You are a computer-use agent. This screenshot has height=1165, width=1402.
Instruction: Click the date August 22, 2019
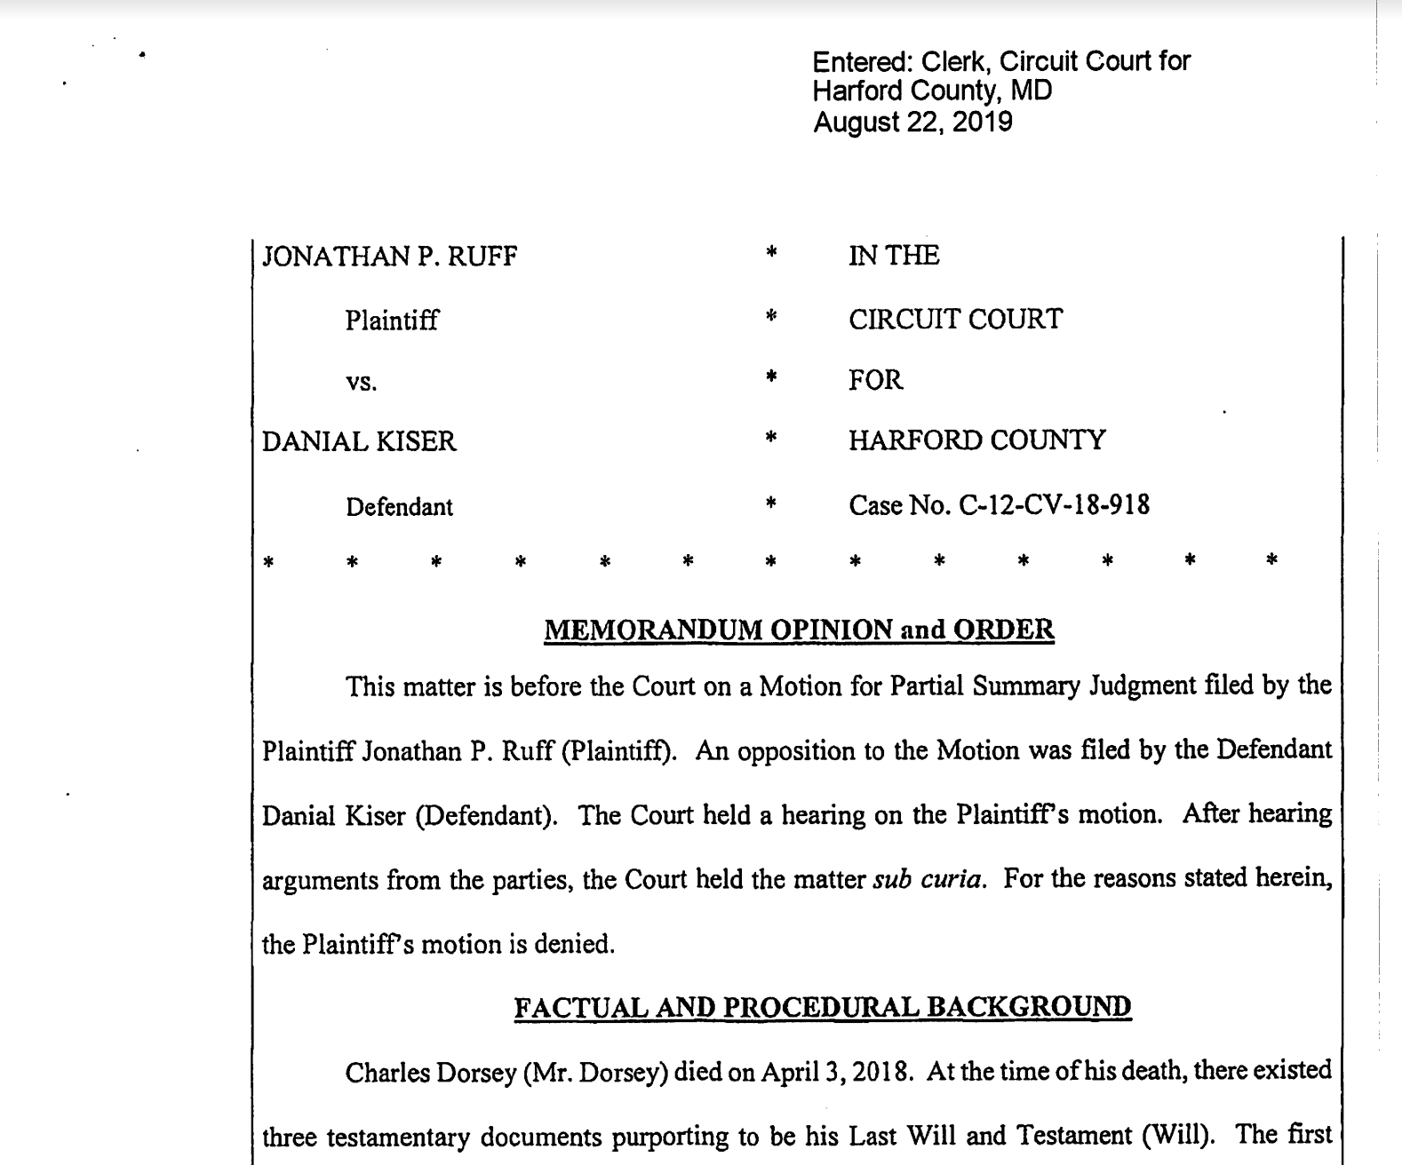pyautogui.click(x=912, y=122)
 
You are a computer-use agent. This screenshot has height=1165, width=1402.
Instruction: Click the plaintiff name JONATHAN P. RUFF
pyautogui.click(x=389, y=258)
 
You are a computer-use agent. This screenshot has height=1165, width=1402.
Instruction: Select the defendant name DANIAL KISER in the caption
pyautogui.click(x=359, y=442)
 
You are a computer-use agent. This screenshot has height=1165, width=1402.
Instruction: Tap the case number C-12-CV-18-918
pyautogui.click(x=1054, y=506)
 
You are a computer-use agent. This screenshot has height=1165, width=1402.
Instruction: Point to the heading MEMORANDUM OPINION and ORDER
pyautogui.click(x=799, y=630)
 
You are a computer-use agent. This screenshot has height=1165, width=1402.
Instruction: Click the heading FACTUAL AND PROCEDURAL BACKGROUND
pyautogui.click(x=823, y=1008)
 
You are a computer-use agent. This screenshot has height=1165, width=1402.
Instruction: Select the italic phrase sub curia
pyautogui.click(x=928, y=880)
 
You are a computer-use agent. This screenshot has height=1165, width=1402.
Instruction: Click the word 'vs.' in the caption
pyautogui.click(x=362, y=383)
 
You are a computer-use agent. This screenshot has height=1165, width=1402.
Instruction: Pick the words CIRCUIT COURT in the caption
pyautogui.click(x=955, y=320)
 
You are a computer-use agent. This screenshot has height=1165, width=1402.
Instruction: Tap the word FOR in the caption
pyautogui.click(x=875, y=381)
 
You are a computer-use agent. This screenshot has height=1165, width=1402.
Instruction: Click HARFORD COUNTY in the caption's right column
pyautogui.click(x=976, y=441)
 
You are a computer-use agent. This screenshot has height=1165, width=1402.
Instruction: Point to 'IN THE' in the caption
pyautogui.click(x=894, y=257)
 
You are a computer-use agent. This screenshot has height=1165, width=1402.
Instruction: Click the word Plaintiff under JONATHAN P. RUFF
pyautogui.click(x=391, y=321)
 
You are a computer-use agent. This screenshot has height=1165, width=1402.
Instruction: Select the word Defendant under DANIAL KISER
pyautogui.click(x=399, y=507)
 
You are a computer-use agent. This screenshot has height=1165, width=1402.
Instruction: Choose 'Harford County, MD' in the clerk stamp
pyautogui.click(x=932, y=91)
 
